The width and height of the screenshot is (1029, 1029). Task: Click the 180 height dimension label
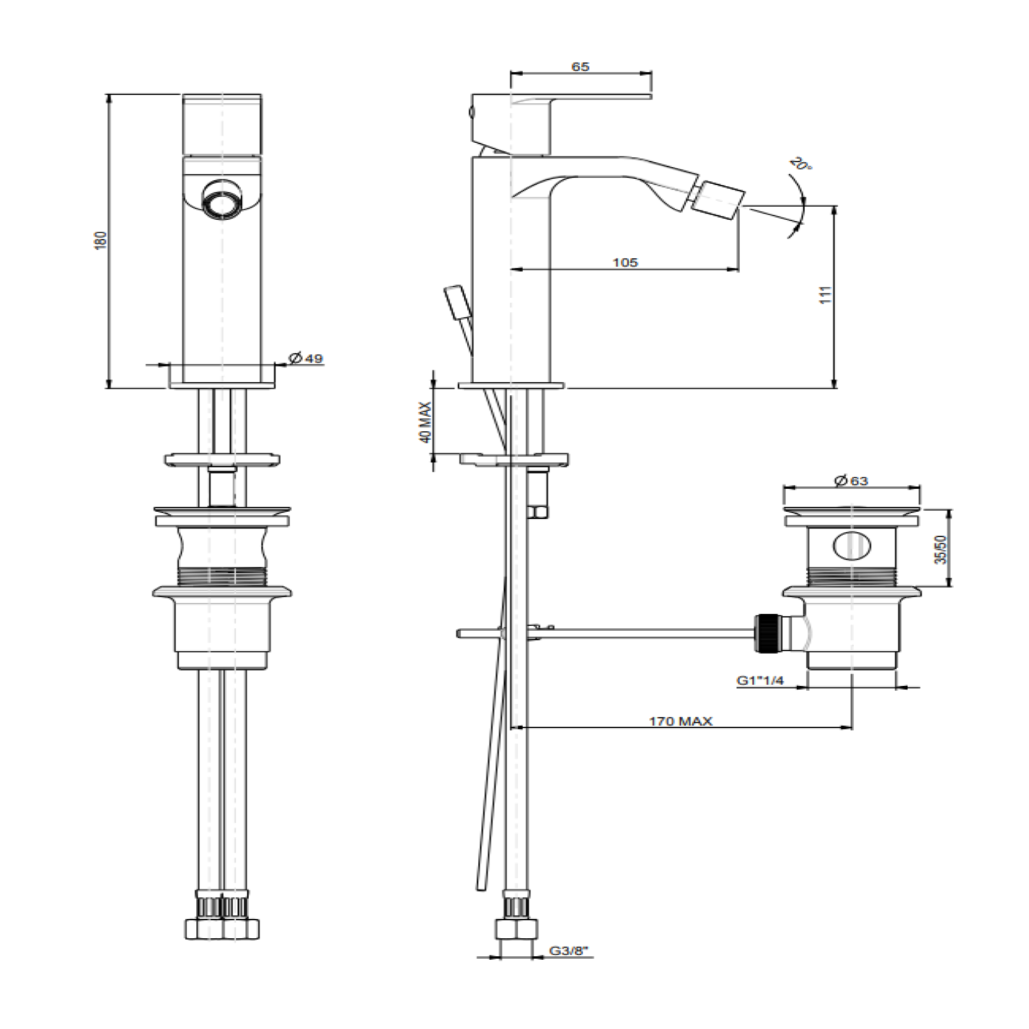pos(101,240)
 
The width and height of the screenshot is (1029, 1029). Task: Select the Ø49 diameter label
pos(306,358)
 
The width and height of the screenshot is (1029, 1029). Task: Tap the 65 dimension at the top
pos(580,66)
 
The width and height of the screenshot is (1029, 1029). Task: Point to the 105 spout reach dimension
pos(625,262)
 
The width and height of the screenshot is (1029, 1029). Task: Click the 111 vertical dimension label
pos(825,294)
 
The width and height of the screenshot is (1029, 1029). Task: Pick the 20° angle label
pos(802,164)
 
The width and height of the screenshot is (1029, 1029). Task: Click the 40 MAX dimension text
pos(425,422)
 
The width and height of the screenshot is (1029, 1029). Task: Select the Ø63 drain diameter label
pos(851,480)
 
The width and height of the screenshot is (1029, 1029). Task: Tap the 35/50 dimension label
pos(942,549)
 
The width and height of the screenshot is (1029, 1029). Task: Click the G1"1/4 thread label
pos(760,681)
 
